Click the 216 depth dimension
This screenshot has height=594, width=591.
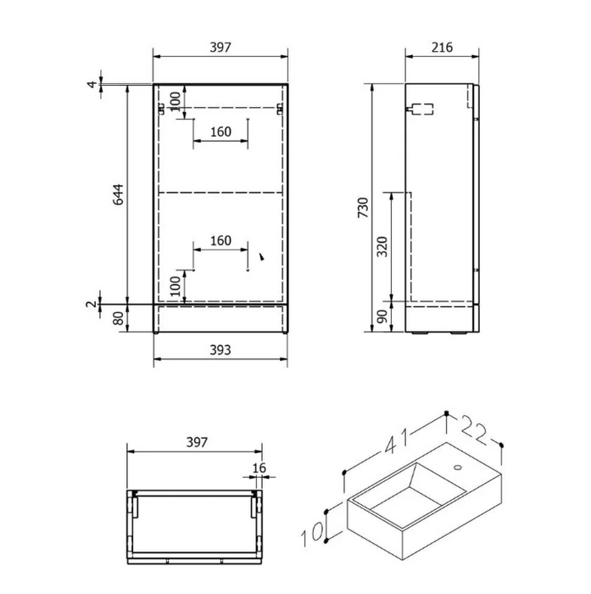(x=441, y=47)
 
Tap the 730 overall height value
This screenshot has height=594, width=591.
(x=362, y=208)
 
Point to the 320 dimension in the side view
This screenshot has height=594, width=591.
(x=382, y=246)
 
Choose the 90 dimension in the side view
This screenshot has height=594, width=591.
(x=382, y=317)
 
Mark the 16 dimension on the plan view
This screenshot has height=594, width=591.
(x=259, y=467)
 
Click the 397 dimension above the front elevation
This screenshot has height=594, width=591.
(x=219, y=47)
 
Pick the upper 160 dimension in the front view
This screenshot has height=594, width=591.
(x=220, y=132)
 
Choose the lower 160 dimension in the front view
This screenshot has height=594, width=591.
(x=220, y=241)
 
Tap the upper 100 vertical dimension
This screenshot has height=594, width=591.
(x=175, y=101)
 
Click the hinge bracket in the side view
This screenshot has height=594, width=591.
(x=421, y=109)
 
